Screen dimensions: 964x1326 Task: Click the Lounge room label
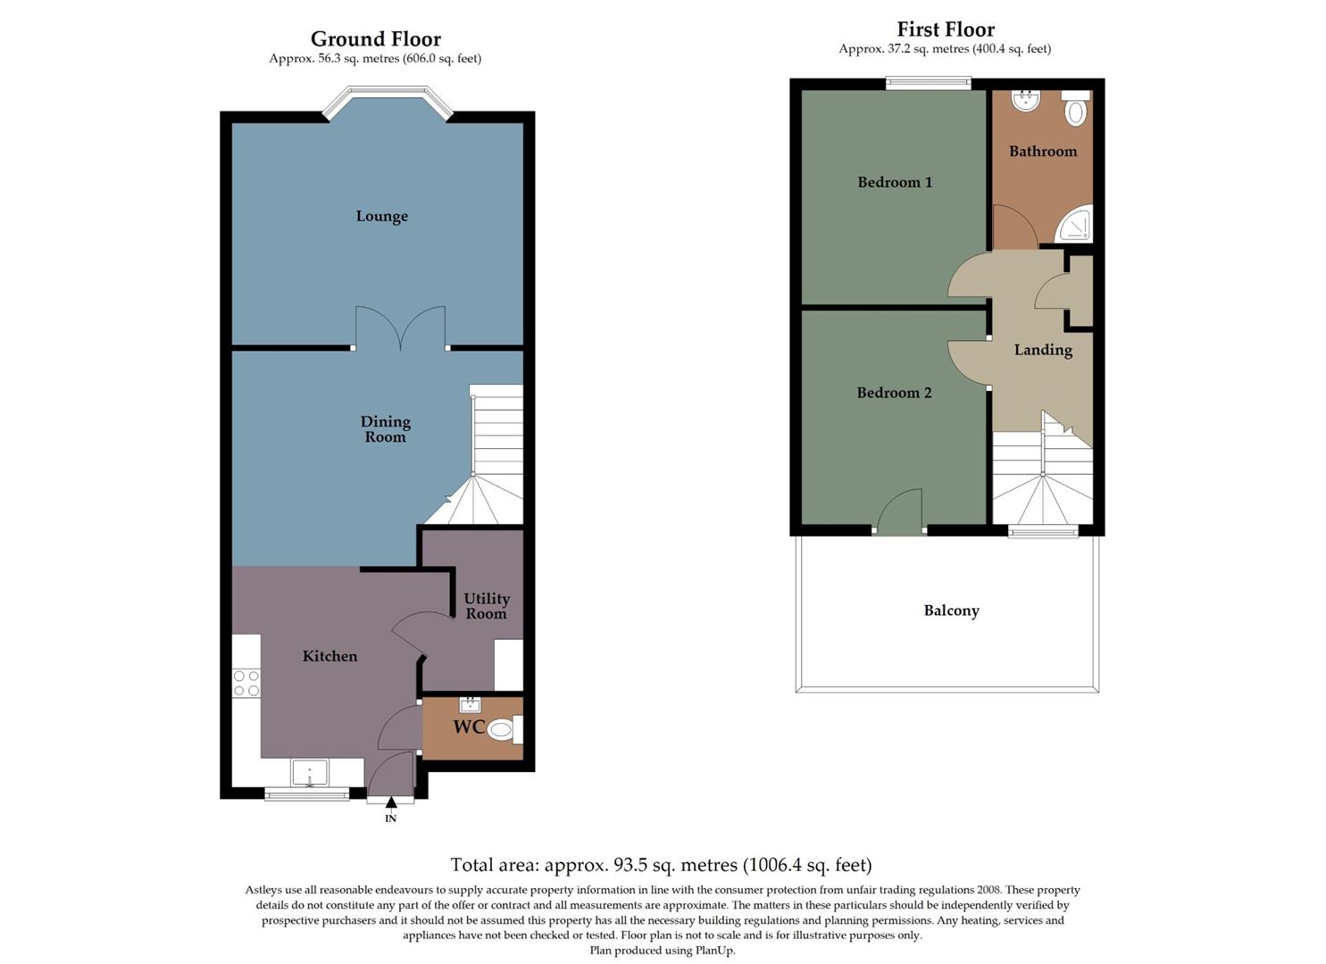(x=381, y=216)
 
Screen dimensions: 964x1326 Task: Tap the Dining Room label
(x=385, y=429)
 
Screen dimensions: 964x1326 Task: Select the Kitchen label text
(x=329, y=656)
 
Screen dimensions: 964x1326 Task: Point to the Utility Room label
(x=487, y=606)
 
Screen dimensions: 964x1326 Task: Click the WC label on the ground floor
(x=469, y=727)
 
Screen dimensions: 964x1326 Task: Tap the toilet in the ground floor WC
(x=502, y=730)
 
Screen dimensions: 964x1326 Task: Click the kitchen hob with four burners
(x=246, y=684)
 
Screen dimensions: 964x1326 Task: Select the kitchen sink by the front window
(x=309, y=772)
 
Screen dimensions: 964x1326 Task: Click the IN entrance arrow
(x=390, y=803)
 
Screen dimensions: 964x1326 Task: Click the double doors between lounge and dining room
(x=400, y=328)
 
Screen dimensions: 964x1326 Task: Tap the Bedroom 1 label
(x=895, y=182)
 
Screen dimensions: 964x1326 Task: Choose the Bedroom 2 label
(x=894, y=393)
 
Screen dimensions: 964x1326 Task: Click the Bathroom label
(x=1043, y=152)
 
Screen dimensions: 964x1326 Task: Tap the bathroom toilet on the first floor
(x=1076, y=111)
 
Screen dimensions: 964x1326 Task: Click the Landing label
(x=1043, y=350)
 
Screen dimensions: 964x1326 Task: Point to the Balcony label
(x=951, y=611)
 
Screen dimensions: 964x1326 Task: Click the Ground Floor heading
(x=375, y=39)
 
